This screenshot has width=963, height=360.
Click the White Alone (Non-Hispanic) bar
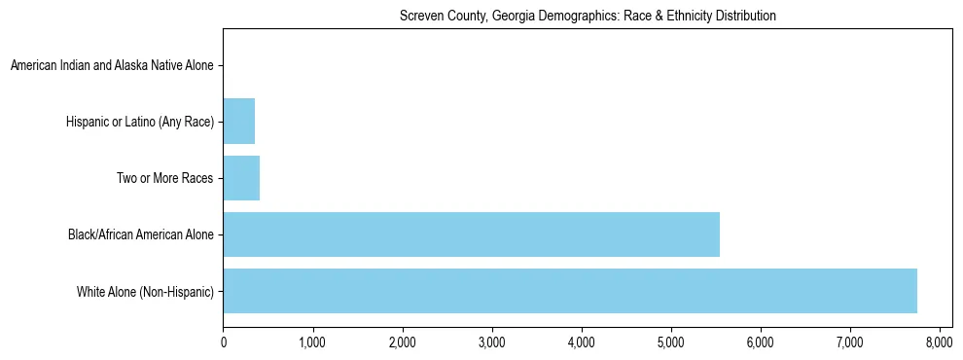point(570,291)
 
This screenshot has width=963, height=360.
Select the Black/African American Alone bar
point(471,234)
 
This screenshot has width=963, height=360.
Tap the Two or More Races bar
point(241,178)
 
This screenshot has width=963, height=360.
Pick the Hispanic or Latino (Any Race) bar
point(238,122)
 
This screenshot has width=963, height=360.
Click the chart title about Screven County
point(588,16)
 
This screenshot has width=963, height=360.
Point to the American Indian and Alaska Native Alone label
point(112,66)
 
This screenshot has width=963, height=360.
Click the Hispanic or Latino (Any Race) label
point(140,122)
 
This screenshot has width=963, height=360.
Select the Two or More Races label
point(164,178)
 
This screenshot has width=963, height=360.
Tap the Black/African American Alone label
point(140,234)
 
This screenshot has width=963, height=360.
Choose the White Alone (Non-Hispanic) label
point(145,291)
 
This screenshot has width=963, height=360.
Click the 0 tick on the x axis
point(224,342)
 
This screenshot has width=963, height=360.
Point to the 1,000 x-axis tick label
point(312,342)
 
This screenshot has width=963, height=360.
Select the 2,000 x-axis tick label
point(402,342)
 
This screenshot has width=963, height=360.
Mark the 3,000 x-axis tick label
point(491,342)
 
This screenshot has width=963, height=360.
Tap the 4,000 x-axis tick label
point(581,342)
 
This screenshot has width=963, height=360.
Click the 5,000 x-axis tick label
point(670,342)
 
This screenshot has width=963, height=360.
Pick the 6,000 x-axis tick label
point(760,342)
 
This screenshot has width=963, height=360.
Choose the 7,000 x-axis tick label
point(849,342)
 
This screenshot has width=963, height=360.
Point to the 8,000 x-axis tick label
point(939,342)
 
